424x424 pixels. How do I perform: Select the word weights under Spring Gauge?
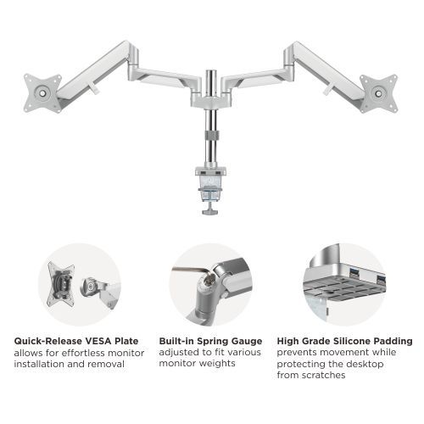coord(217,365)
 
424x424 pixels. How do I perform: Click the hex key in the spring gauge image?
coord(183,272)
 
